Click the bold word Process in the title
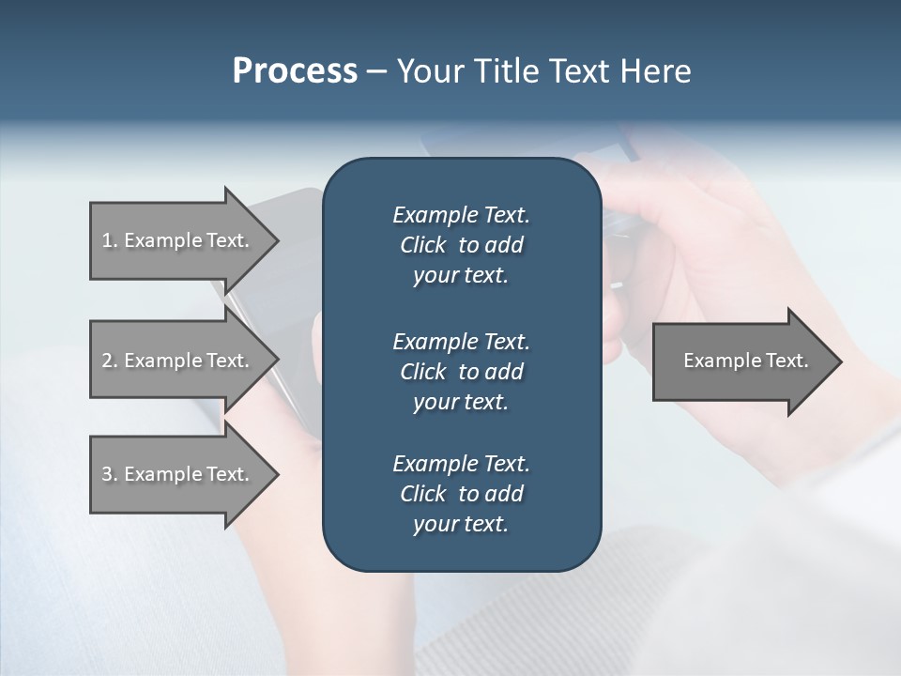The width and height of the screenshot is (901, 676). click(295, 71)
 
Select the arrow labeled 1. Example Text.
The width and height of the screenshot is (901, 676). click(178, 240)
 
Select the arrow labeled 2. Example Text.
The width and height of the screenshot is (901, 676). click(178, 361)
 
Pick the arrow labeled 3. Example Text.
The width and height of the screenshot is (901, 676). click(178, 474)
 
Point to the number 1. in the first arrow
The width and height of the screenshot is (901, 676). click(109, 240)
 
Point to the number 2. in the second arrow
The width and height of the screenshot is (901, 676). click(109, 361)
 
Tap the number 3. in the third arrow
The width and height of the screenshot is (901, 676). click(109, 474)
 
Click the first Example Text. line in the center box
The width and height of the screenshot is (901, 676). click(461, 215)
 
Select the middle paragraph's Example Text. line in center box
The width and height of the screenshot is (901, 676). click(461, 342)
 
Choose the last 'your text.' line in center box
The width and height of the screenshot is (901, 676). click(461, 525)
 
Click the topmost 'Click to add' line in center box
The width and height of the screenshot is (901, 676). click(461, 245)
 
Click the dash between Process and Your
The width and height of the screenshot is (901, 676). click(376, 72)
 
